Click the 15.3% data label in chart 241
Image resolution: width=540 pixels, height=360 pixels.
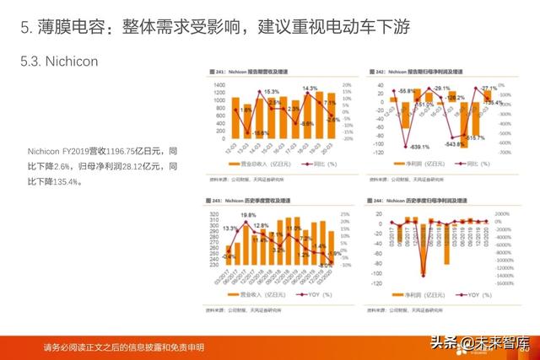[x=270, y=91]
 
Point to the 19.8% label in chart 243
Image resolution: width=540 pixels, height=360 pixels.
[x=247, y=216]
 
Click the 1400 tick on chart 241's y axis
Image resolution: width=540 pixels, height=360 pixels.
[x=219, y=85]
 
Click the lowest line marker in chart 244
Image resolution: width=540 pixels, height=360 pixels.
[x=422, y=274]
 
